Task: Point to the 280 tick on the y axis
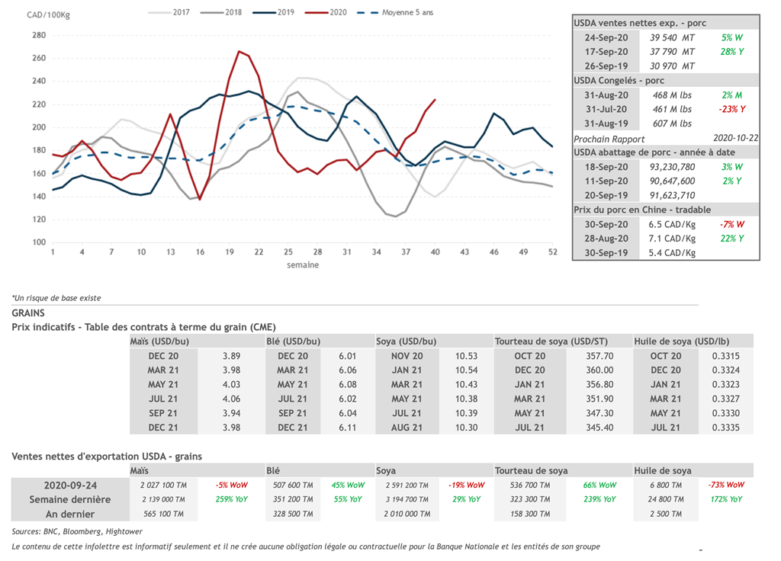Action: pyautogui.click(x=39, y=35)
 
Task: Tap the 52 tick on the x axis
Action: pyautogui.click(x=551, y=252)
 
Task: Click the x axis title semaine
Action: pyautogui.click(x=302, y=265)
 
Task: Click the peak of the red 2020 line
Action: pyautogui.click(x=239, y=51)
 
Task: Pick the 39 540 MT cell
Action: pyautogui.click(x=672, y=37)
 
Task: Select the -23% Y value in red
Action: pyautogui.click(x=731, y=109)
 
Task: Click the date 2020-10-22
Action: pyautogui.click(x=734, y=139)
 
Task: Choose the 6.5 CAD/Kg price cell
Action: pyautogui.click(x=672, y=224)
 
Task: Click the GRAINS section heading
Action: pyautogui.click(x=28, y=313)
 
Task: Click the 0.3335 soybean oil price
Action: pyautogui.click(x=725, y=428)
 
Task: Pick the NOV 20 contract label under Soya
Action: pyautogui.click(x=407, y=356)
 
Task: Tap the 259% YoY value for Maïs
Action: pyautogui.click(x=231, y=499)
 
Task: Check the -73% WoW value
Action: pyautogui.click(x=725, y=485)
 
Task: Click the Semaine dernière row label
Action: pyautogui.click(x=70, y=499)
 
